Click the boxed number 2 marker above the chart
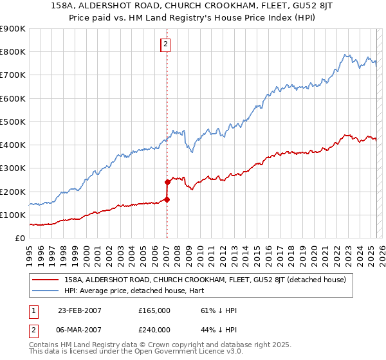click(x=165, y=44)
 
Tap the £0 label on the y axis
click(x=19, y=239)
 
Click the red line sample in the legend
click(x=46, y=280)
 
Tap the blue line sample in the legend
click(x=46, y=291)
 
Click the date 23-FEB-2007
click(x=79, y=310)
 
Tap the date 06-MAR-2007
click(x=79, y=329)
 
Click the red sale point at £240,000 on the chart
click(x=167, y=182)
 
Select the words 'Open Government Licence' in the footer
click(x=176, y=353)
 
